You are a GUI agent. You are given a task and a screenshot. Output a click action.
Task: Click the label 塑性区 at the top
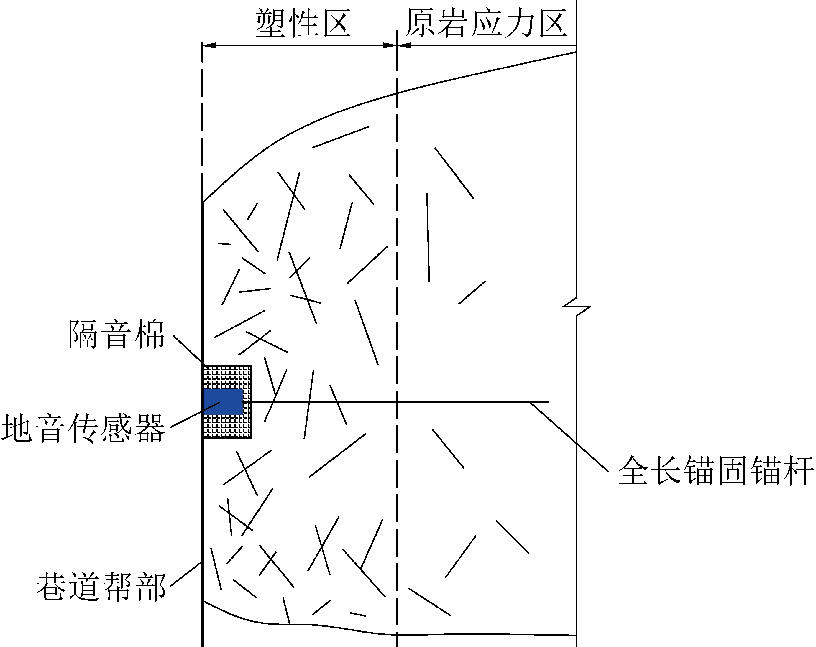303,24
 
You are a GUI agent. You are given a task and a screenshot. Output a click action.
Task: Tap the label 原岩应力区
486,24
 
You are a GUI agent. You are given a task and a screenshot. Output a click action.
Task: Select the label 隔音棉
116,334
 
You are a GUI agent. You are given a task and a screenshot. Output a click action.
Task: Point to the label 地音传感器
83,428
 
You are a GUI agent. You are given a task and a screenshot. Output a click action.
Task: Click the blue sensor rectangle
223,402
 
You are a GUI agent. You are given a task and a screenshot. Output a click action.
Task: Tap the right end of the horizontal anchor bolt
549,402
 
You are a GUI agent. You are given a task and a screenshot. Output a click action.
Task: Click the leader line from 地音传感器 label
195,415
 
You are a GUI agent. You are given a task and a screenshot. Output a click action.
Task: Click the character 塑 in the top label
270,24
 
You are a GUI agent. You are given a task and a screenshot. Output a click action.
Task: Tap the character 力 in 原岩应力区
519,24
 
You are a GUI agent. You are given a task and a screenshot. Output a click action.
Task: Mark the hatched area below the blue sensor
227,427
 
